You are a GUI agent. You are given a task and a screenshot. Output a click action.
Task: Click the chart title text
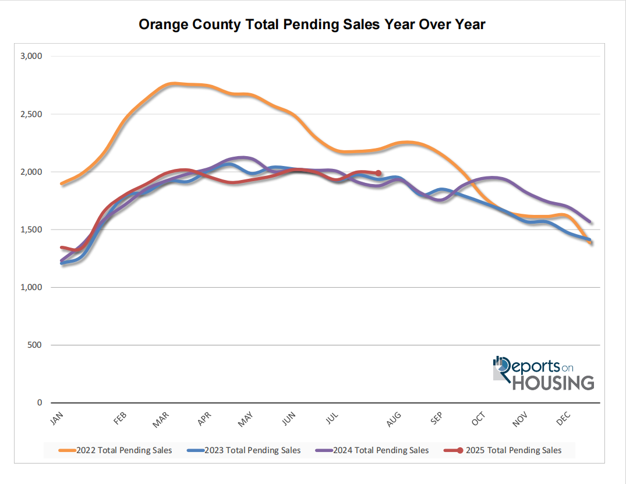(x=312, y=24)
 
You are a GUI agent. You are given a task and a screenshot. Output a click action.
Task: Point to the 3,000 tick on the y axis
(x=31, y=56)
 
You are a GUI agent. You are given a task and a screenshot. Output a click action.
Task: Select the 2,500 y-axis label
(x=31, y=114)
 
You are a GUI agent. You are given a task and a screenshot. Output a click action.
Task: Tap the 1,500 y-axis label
(x=31, y=229)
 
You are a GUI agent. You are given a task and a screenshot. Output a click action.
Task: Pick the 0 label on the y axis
(x=40, y=402)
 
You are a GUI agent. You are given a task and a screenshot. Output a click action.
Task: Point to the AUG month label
(x=394, y=419)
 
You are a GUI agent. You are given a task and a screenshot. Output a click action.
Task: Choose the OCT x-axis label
(x=478, y=418)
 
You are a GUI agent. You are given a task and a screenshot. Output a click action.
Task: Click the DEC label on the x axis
(x=564, y=418)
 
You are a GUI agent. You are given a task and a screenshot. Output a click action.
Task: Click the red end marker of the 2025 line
(x=379, y=173)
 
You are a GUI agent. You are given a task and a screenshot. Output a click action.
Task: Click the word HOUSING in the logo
(x=553, y=383)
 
